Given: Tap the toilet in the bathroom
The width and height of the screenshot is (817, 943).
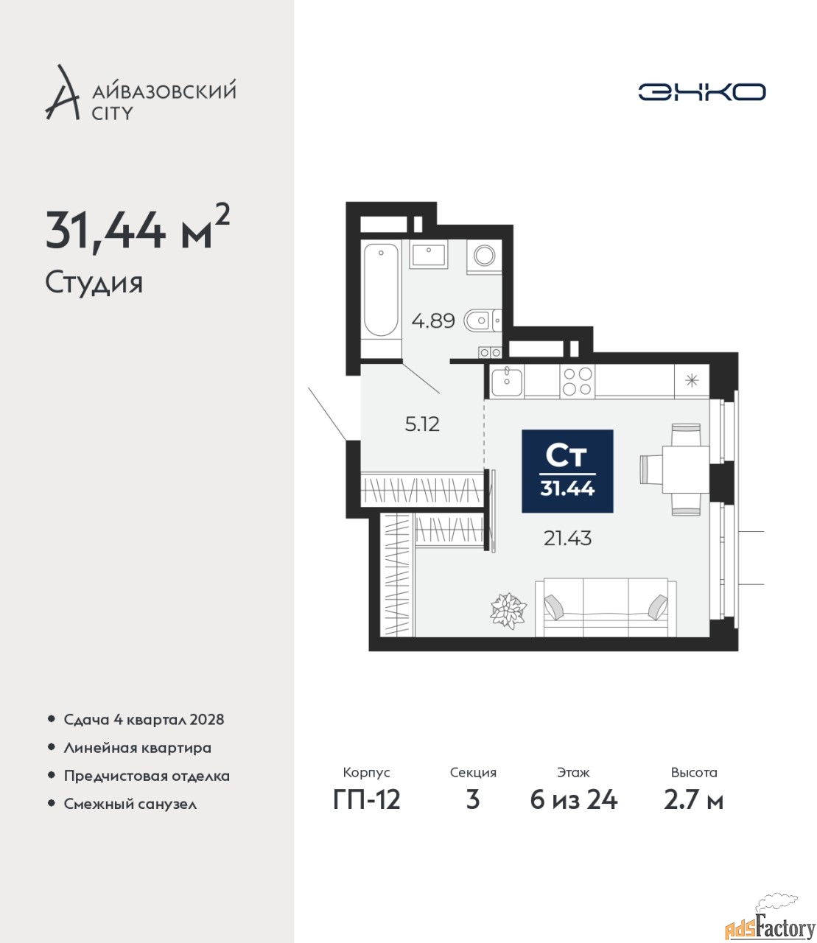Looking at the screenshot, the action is point(482,320).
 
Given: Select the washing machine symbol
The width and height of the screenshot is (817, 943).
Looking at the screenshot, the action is point(484,256).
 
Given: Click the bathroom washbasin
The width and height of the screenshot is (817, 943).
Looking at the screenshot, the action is point(428,255).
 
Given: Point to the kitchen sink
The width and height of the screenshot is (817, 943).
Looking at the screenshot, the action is point(506,382).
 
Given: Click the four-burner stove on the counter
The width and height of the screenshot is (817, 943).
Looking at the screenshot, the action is point(577,382).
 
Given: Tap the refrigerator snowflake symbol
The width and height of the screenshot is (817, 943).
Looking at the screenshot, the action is point(692,380).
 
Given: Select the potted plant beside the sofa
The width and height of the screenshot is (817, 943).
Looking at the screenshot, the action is point(508,611).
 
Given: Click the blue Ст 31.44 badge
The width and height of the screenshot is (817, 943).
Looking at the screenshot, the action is point(567,471).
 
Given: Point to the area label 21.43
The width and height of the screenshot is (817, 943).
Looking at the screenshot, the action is point(567,539).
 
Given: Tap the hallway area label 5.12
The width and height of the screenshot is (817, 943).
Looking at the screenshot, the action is point(422,425).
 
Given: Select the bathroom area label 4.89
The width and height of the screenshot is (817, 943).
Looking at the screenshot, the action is point(433,321).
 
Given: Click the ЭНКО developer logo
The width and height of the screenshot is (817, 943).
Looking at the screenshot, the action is point(701,91).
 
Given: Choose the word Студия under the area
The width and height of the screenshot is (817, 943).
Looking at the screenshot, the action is point(94,284).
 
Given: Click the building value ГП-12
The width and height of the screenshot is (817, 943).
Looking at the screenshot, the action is point(367,800).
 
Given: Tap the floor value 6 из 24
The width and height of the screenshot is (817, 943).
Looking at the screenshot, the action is point(573,800).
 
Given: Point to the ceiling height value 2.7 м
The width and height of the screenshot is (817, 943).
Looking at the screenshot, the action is point(693,800).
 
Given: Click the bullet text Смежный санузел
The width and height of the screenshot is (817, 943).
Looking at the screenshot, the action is point(130,804).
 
